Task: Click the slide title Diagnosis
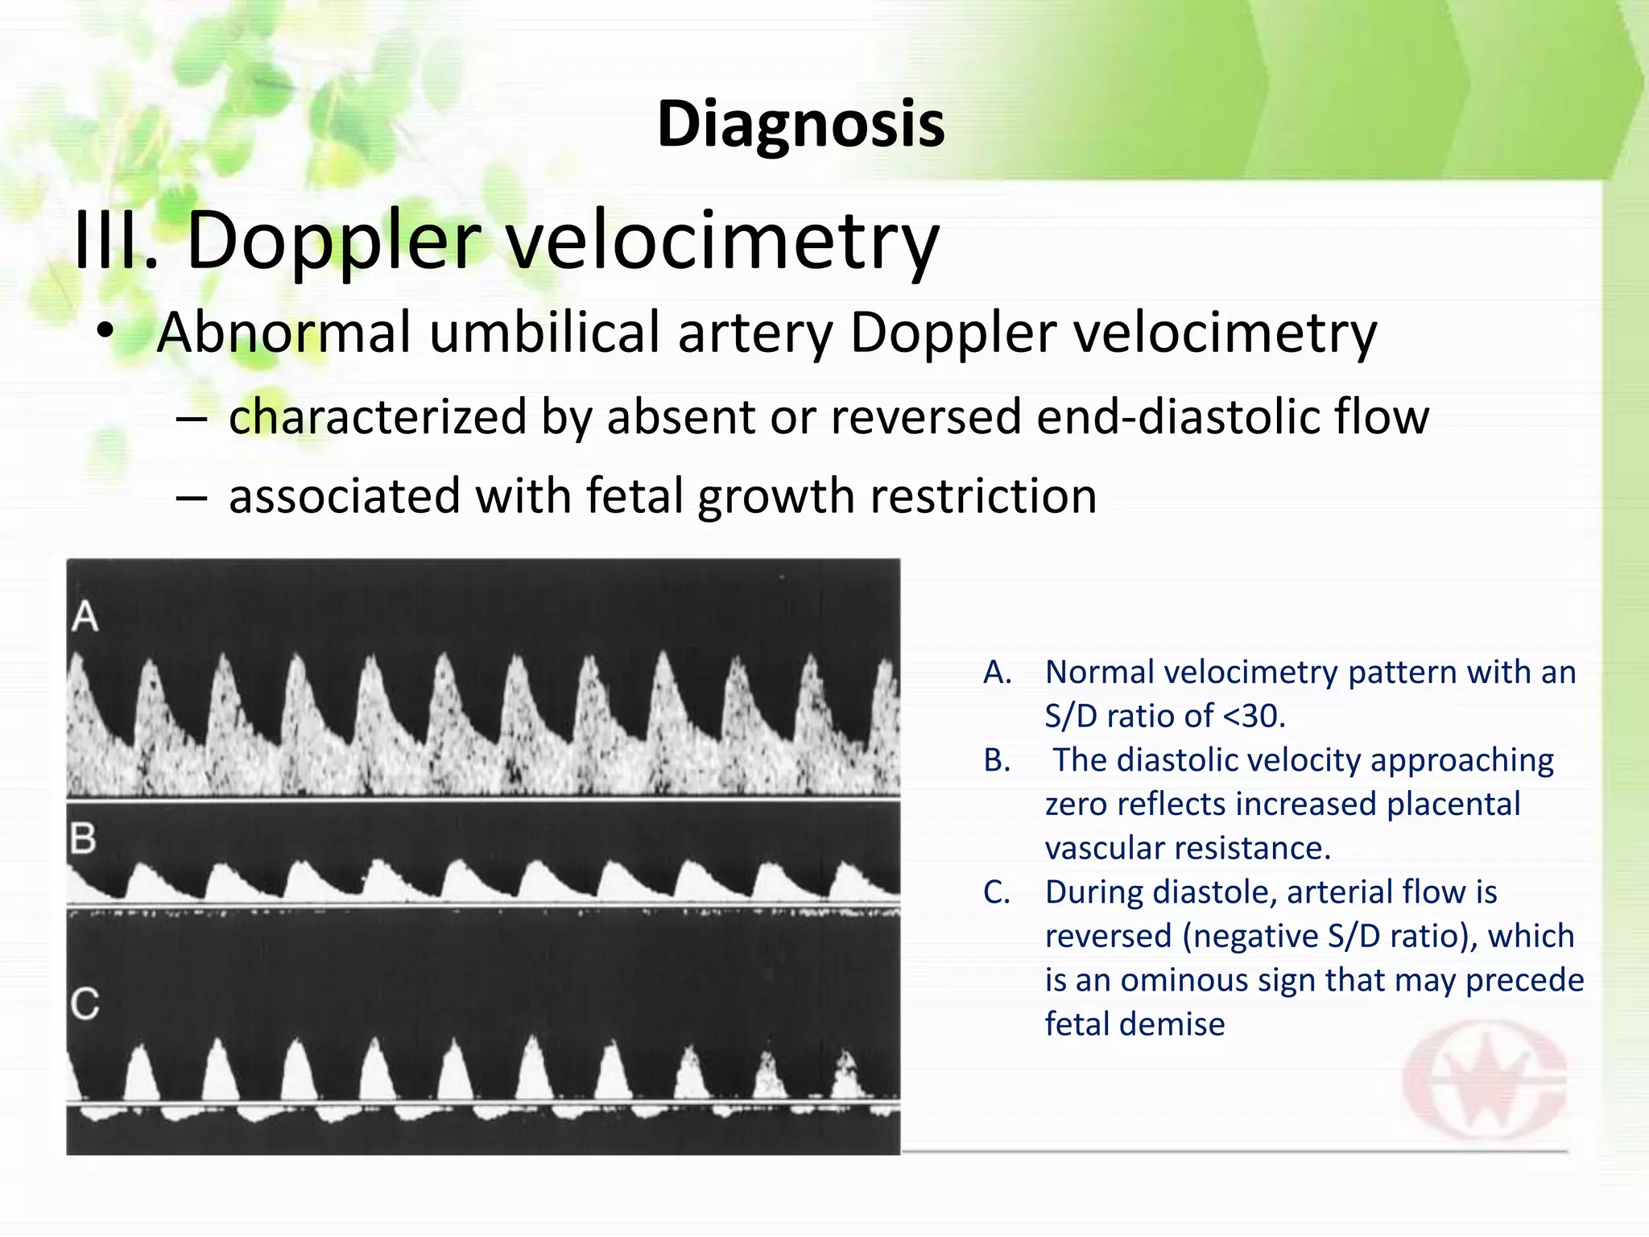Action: point(800,125)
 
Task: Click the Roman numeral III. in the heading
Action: point(115,240)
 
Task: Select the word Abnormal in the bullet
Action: point(284,332)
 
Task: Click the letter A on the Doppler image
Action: point(85,618)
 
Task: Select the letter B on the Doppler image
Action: point(83,839)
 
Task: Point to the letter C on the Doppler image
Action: point(85,1004)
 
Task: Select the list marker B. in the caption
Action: point(997,760)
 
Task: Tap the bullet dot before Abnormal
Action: point(104,332)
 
